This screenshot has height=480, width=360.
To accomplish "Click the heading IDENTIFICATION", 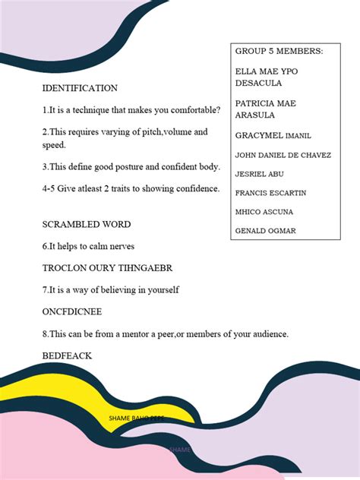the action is (x=80, y=88).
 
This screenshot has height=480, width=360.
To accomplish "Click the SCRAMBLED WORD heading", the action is (x=87, y=225).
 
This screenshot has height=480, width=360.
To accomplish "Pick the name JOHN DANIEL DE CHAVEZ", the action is (x=283, y=156).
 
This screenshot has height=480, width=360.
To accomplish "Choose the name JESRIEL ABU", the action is (x=260, y=174).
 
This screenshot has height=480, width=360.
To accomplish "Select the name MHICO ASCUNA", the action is (x=264, y=211).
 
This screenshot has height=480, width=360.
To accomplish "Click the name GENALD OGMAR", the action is (x=265, y=230).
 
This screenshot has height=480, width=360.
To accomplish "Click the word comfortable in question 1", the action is (x=191, y=110).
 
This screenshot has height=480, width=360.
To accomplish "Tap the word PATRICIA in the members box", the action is (x=254, y=103).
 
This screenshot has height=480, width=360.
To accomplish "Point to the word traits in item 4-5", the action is (x=127, y=189).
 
